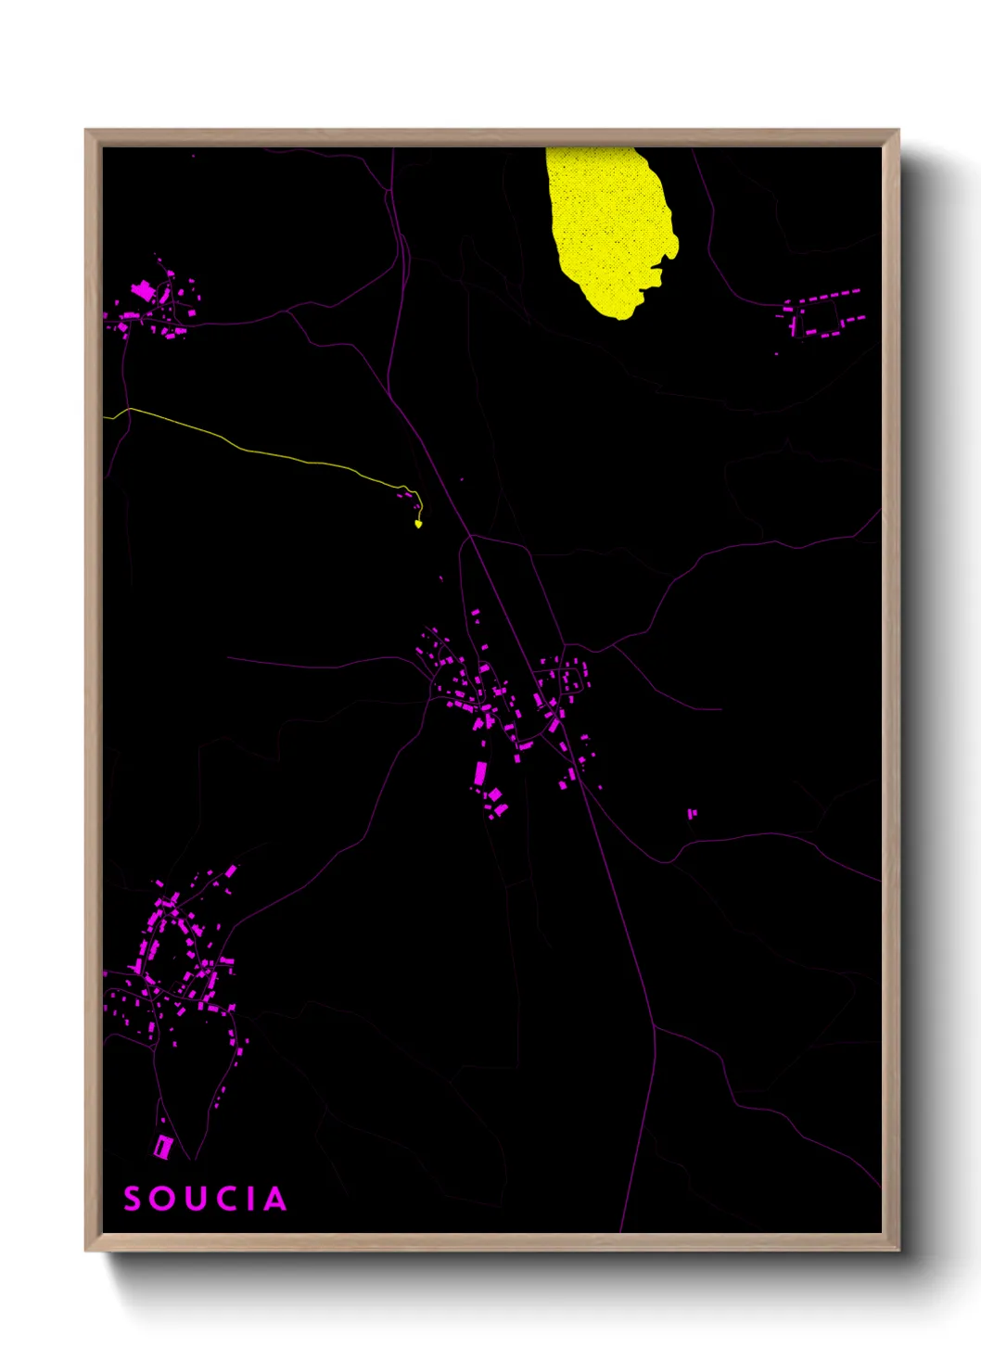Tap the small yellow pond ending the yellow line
tap(418, 524)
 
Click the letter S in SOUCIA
tap(134, 1199)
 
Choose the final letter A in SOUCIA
tap(274, 1199)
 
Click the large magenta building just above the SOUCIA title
tap(163, 1147)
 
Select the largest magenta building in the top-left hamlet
tap(143, 291)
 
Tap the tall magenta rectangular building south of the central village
tap(480, 772)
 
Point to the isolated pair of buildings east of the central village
tap(692, 814)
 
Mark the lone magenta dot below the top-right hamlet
tap(777, 353)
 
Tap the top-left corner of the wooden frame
tap(86, 131)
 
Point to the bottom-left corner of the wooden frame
tap(86, 1250)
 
